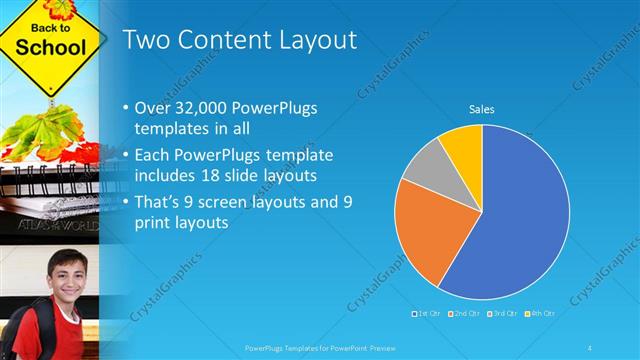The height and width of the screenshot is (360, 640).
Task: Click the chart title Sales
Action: [x=482, y=109]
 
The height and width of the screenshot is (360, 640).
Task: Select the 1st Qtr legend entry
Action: [x=426, y=314]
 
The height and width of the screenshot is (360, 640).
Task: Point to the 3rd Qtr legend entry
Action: [x=501, y=314]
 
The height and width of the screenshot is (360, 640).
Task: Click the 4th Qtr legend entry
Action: [x=539, y=314]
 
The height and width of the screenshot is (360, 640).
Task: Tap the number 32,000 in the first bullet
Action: [x=193, y=108]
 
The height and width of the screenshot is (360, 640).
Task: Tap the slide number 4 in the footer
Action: [x=591, y=347]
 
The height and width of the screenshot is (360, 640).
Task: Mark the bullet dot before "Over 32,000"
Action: [x=124, y=108]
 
